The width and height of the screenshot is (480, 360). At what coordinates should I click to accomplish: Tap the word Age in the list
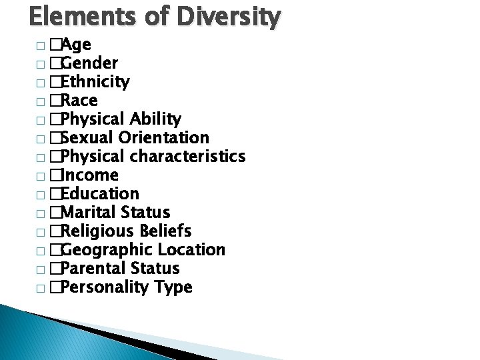pyautogui.click(x=77, y=45)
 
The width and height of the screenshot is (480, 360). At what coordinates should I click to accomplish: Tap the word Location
pyautogui.click(x=192, y=250)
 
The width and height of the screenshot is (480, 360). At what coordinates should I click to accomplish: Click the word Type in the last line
pyautogui.click(x=174, y=287)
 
